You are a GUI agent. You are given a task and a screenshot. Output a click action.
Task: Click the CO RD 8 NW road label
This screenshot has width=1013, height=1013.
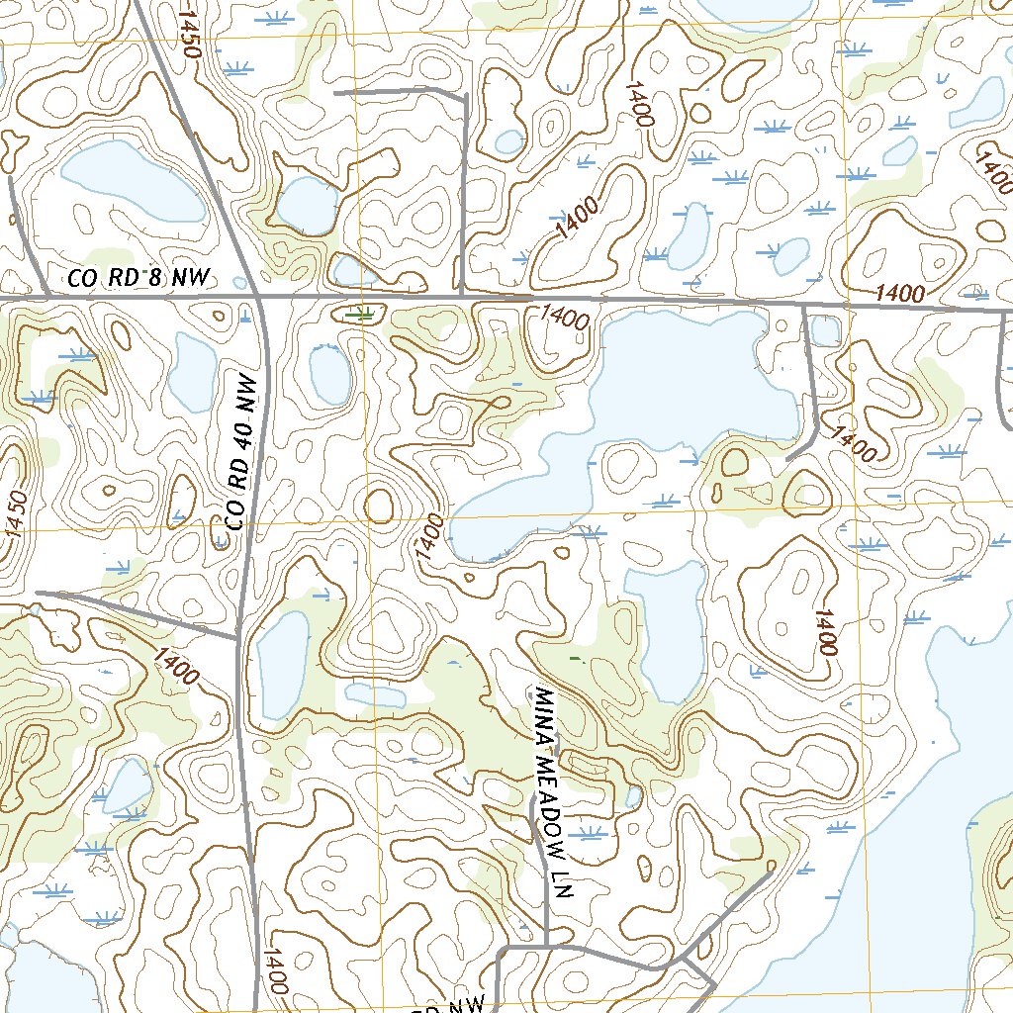[x=139, y=279]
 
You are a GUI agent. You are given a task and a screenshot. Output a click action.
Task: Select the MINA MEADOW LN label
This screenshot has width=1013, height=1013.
[x=553, y=791]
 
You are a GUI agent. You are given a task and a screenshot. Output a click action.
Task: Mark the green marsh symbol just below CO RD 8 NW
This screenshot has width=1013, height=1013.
[x=363, y=315]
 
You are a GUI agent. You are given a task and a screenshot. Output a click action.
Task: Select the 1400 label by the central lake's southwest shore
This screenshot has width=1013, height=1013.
[x=428, y=538]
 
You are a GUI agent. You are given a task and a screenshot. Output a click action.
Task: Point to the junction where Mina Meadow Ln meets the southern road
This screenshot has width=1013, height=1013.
[x=546, y=946]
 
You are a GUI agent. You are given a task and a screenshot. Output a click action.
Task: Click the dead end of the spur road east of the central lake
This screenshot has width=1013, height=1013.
[x=787, y=459]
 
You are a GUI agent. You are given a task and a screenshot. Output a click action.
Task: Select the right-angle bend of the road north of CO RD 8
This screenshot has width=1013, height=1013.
[x=464, y=95]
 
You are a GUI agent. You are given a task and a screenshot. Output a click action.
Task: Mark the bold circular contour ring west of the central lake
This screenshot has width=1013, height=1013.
[x=380, y=506]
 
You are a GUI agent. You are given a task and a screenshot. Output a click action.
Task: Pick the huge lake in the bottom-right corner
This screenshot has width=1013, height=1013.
[x=890, y=890]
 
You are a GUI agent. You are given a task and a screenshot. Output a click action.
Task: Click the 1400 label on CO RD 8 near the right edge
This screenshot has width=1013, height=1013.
[x=899, y=294]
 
